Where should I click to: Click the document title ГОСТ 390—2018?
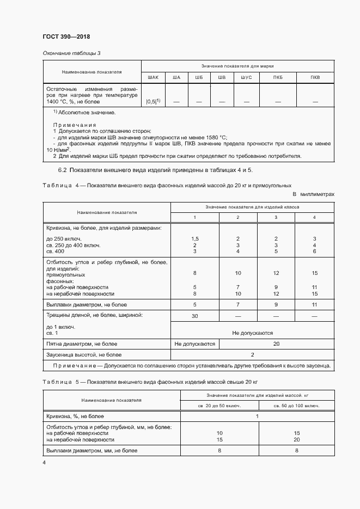pos(66,36)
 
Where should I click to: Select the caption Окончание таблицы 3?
pos(71,53)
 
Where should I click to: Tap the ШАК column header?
pos(152,77)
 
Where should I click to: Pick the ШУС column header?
pos(246,77)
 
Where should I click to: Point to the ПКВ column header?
pos(315,77)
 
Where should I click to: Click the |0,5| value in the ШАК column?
pos(152,101)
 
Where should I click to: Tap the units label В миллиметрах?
pos(313,194)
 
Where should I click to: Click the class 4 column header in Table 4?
pos(314,218)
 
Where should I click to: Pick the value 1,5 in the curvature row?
pos(194,239)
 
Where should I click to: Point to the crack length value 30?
pos(194,316)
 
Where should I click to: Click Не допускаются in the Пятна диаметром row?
pos(194,344)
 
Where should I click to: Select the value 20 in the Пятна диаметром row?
pos(276,344)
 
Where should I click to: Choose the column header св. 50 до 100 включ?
pos(296,406)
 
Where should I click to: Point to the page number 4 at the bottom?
pos(44,462)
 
